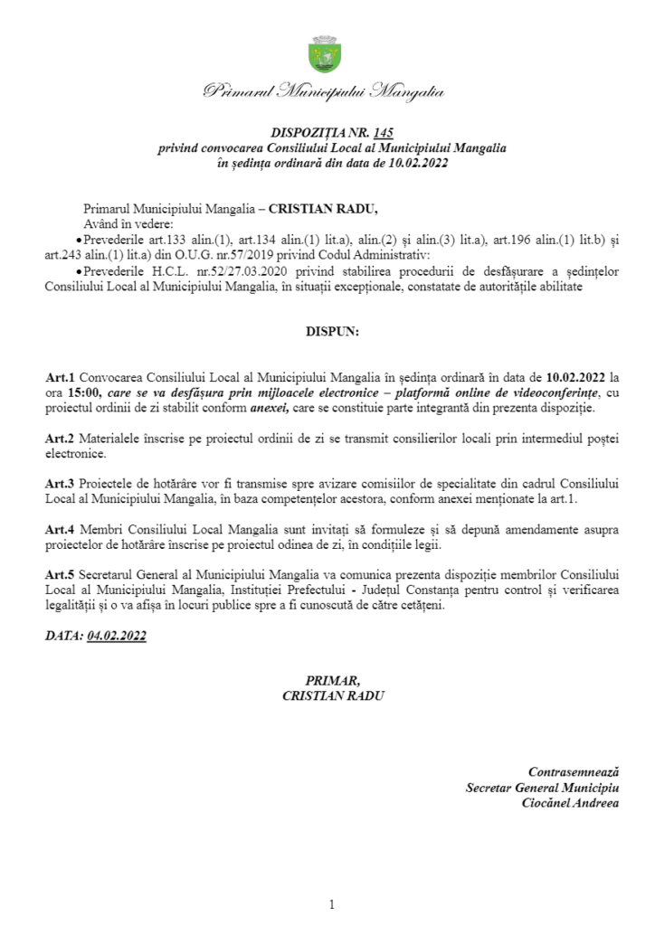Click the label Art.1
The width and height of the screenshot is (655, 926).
tap(60, 375)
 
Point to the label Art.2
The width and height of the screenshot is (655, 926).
tap(60, 439)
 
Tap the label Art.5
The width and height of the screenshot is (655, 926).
tap(60, 575)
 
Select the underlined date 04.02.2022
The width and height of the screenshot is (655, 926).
tap(117, 636)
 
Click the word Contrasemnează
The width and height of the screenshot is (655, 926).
tap(574, 771)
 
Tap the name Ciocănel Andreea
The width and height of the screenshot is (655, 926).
tap(571, 803)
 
